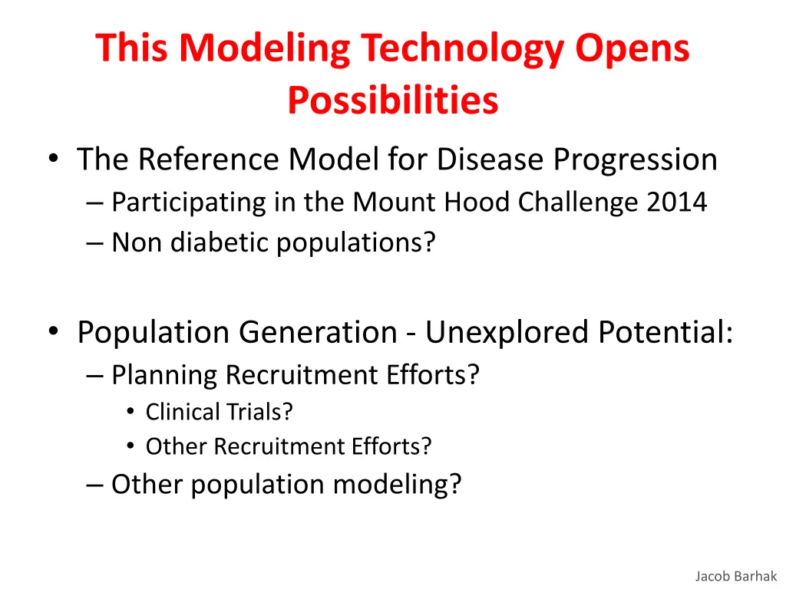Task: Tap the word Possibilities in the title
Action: coord(393,100)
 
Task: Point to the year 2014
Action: coord(676,202)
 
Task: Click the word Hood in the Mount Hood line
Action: coord(484,202)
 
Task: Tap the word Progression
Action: coord(636,160)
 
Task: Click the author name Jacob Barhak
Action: coord(736,576)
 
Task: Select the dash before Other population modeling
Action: coord(95,485)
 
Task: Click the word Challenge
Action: coord(582,202)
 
